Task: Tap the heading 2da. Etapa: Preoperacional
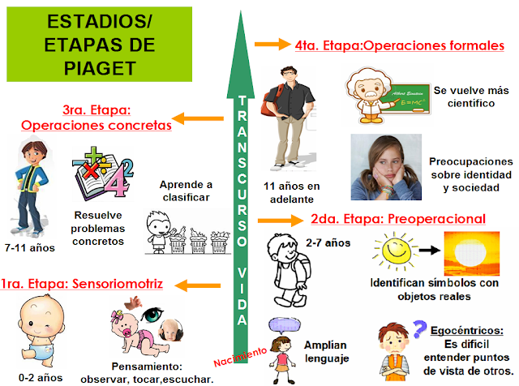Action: tap(398, 219)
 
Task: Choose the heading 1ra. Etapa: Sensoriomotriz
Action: tap(83, 284)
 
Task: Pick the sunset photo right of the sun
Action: tap(475, 253)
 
